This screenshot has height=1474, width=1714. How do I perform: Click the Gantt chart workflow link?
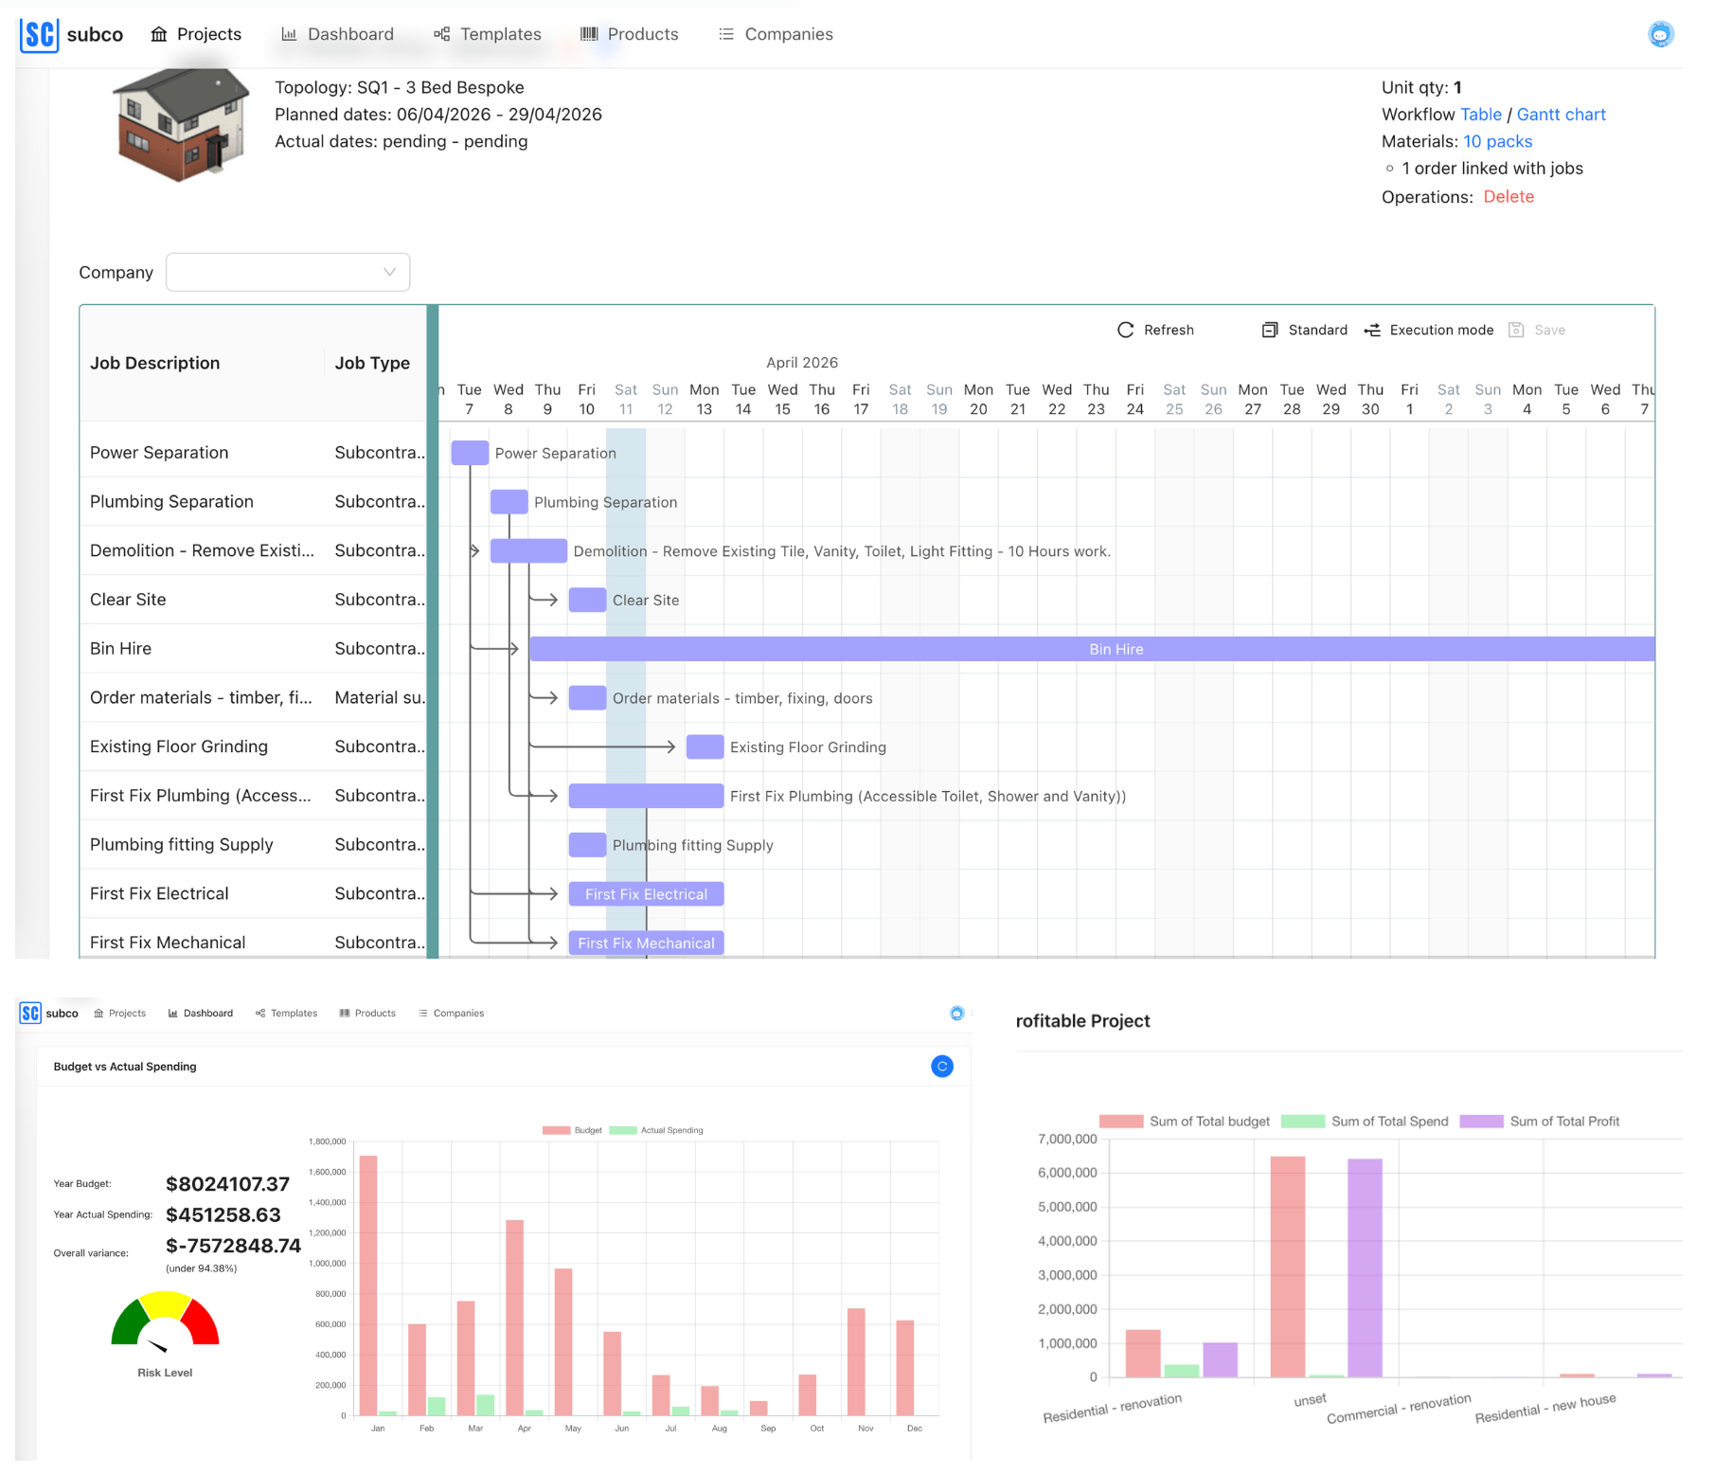tap(1561, 115)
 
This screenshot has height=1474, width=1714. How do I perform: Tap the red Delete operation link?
tap(1508, 197)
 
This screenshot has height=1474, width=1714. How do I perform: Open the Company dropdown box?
tap(287, 272)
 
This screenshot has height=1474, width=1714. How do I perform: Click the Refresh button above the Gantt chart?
tap(1155, 330)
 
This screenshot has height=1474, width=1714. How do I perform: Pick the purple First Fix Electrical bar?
tap(646, 894)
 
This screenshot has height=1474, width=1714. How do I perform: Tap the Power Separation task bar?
tap(470, 453)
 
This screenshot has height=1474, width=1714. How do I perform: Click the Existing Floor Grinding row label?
tap(179, 746)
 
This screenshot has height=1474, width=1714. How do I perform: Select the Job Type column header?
tap(372, 363)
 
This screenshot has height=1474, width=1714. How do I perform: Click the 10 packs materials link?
tap(1497, 141)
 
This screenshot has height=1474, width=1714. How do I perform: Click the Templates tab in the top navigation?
tap(488, 34)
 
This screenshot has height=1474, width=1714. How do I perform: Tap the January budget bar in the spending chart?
tap(368, 1285)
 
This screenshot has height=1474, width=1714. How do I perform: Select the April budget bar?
tap(515, 1317)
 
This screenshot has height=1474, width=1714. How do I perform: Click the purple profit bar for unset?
tap(1365, 1267)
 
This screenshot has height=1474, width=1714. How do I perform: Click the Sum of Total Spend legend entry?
tap(1365, 1122)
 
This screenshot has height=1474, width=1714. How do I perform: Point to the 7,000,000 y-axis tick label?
tap(1067, 1139)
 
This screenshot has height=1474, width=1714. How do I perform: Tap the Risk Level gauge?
tap(165, 1321)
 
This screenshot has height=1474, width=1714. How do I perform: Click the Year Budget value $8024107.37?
tap(227, 1184)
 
